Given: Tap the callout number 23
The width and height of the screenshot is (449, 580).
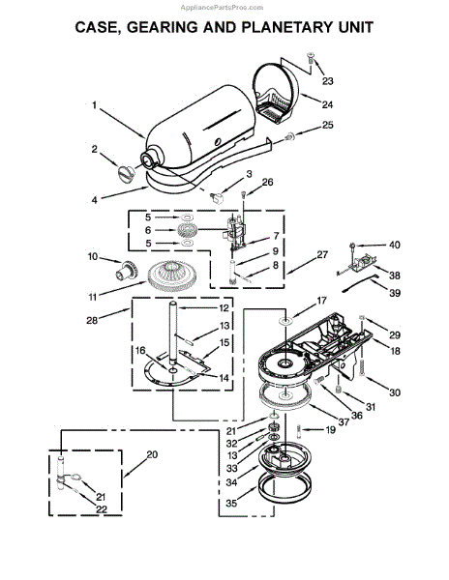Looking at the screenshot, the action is [x=327, y=80].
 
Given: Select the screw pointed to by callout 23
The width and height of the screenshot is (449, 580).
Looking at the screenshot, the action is [x=311, y=58].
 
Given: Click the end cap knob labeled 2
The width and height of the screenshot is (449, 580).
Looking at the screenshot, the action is [x=125, y=173].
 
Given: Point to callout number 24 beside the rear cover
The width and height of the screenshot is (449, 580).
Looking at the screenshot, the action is [x=327, y=104].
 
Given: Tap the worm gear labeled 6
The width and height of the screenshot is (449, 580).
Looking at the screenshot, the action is [x=188, y=230].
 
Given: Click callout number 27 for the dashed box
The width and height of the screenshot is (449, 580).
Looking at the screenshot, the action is [x=322, y=254].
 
